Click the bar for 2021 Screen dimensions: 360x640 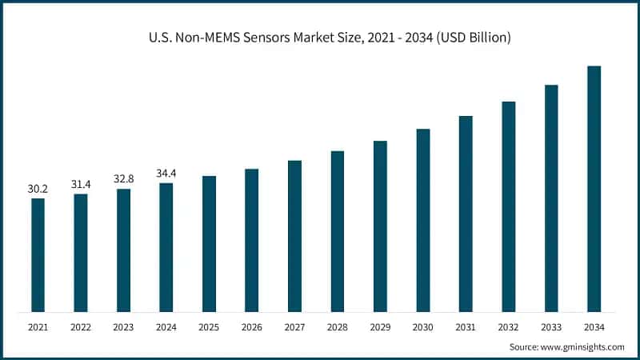(38, 254)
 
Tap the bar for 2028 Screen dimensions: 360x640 (337, 231)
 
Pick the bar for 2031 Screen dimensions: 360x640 (466, 214)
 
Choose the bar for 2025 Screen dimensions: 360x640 (209, 243)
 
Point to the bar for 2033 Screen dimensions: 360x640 (551, 198)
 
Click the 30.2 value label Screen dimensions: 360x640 (38, 190)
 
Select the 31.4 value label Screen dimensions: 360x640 (81, 185)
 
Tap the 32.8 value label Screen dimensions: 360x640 (123, 180)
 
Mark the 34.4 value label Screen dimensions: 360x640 (166, 174)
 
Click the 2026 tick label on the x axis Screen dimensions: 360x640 (251, 327)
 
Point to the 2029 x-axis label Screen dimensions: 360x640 (380, 327)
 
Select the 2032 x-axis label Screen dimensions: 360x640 (508, 327)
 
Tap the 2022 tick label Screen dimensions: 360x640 (81, 327)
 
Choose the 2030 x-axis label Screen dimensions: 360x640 (422, 327)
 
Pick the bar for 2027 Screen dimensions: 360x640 (294, 236)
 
